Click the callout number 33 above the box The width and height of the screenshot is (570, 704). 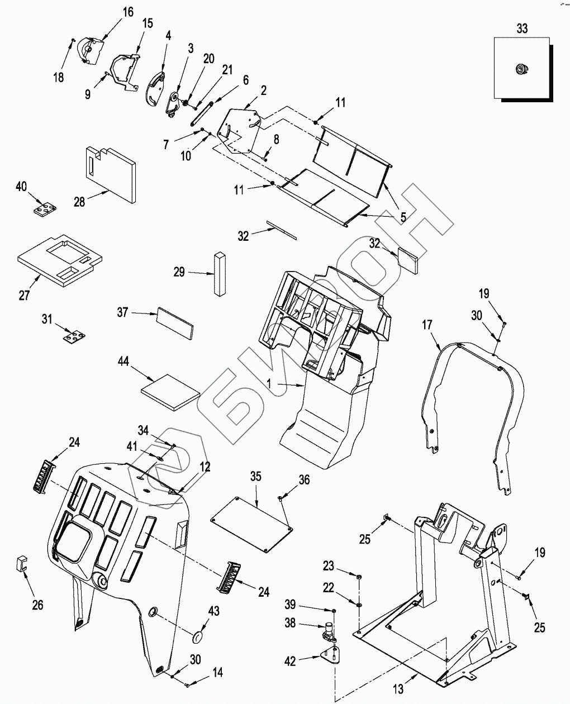click(521, 28)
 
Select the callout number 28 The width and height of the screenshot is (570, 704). click(80, 202)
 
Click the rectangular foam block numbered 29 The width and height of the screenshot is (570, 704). click(218, 273)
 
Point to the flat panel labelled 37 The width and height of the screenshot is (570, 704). click(175, 322)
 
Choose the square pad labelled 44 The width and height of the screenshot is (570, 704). click(170, 392)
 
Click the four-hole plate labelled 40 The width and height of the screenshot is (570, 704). click(44, 210)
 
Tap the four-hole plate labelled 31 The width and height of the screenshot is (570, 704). click(74, 337)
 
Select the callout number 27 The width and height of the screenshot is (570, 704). click(24, 295)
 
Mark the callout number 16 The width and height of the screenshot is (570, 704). click(128, 12)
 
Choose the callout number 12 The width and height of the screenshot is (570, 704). click(206, 467)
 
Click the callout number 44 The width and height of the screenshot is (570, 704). click(123, 363)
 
